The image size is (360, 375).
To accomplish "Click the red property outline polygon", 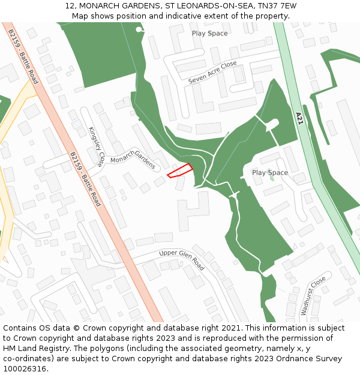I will [179, 170].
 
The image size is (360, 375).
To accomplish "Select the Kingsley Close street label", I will [96, 146].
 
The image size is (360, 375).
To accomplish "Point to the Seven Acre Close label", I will [212, 73].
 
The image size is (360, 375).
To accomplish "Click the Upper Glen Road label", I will [182, 260].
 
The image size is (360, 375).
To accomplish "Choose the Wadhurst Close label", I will [313, 296].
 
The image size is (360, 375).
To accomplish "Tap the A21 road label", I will [300, 118].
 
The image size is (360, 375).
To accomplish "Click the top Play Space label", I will [209, 34].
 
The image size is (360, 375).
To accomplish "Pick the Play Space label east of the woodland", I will [270, 173].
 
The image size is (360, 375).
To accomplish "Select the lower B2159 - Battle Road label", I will [84, 179].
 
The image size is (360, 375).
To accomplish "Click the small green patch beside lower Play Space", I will [272, 178].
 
